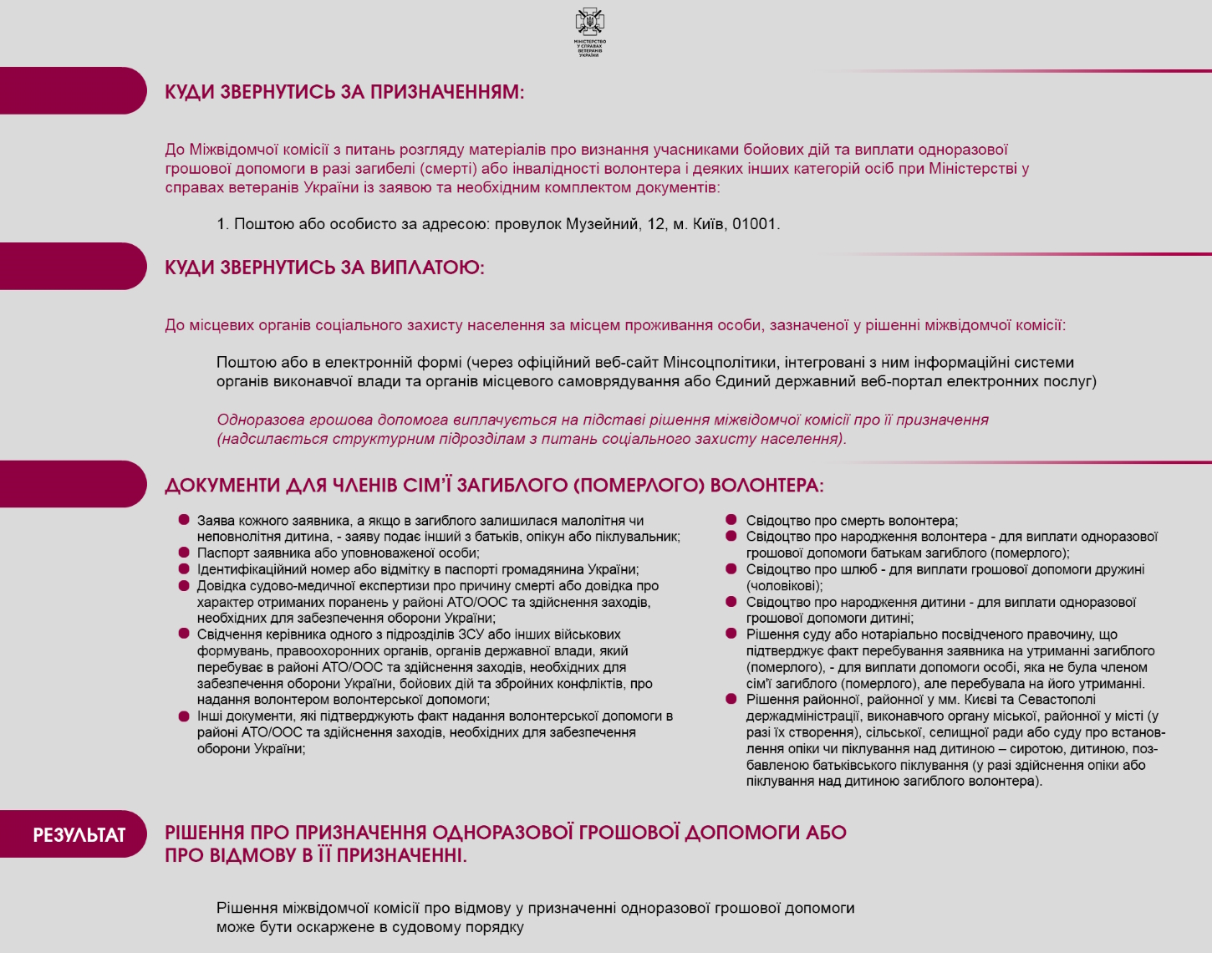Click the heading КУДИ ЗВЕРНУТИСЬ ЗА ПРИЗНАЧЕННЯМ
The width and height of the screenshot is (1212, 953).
click(344, 92)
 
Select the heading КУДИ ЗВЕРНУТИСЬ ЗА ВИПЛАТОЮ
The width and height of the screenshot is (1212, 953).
click(324, 268)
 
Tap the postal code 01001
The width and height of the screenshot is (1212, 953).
click(755, 224)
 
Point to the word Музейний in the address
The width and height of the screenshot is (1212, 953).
click(602, 224)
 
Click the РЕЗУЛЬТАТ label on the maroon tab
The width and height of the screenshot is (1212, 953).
click(79, 835)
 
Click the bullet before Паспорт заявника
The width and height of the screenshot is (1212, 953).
click(184, 553)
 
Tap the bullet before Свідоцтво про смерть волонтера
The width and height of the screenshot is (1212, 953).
click(731, 520)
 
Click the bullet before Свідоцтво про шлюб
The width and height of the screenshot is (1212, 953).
click(731, 569)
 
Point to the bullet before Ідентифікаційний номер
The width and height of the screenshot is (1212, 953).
click(184, 569)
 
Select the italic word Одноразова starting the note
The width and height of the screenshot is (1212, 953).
click(257, 420)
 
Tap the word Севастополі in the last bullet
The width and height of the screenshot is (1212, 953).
click(1056, 700)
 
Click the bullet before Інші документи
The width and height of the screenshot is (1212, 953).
click(184, 716)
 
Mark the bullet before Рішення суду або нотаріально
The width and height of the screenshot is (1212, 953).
click(731, 634)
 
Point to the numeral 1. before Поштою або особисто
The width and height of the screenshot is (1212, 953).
click(222, 224)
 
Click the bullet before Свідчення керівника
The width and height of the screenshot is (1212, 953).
click(184, 634)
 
